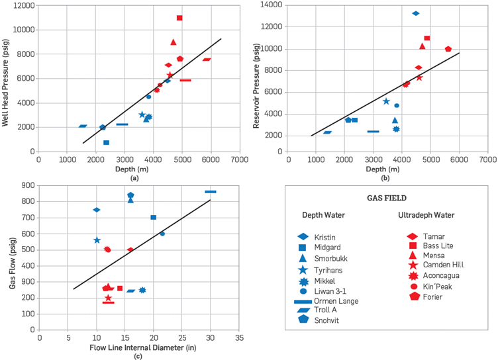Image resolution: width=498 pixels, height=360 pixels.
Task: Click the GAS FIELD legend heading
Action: tap(387, 198)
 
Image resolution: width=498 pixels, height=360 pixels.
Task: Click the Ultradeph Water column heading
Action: tap(426, 215)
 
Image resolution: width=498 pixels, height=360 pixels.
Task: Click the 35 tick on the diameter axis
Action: tap(239, 337)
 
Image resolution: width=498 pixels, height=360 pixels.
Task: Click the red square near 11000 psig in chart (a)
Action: tap(179, 18)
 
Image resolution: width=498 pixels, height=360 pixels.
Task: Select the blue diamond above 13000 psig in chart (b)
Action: tap(415, 13)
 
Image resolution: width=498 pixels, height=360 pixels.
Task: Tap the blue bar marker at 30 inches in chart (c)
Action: tap(211, 192)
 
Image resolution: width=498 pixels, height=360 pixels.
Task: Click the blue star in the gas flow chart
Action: tap(97, 240)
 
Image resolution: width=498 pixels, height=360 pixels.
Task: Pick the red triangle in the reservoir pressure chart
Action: tap(422, 46)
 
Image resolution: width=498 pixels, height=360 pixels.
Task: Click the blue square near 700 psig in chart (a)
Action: tap(106, 142)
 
